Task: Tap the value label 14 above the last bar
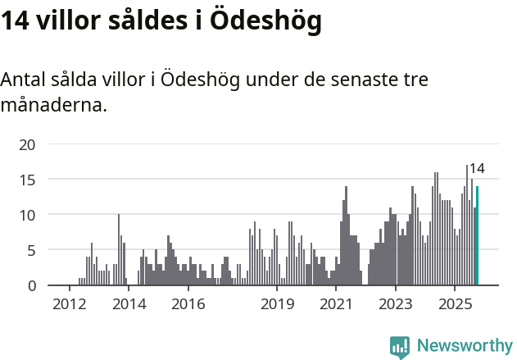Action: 476,169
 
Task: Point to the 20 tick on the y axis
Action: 28,144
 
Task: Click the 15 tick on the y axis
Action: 28,180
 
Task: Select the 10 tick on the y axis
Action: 28,215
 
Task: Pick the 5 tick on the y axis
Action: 31,250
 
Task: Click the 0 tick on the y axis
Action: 31,285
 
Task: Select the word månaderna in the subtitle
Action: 54,106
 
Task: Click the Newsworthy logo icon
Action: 400,347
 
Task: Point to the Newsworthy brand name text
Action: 464,346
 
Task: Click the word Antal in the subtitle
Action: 25,80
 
